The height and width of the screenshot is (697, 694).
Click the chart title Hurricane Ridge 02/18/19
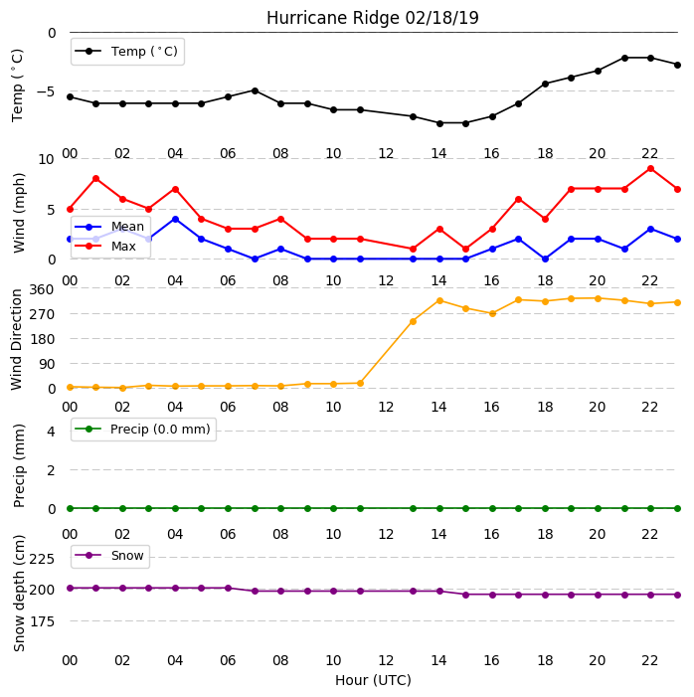(x=373, y=18)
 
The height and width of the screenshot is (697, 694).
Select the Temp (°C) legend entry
(x=126, y=52)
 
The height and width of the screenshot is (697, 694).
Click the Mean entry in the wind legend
(x=109, y=227)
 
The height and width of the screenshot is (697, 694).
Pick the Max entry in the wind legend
(x=105, y=246)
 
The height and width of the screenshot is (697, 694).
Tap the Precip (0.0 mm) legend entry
(x=143, y=429)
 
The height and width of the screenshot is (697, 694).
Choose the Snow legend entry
(x=109, y=556)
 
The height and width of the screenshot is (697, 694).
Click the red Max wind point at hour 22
(x=651, y=169)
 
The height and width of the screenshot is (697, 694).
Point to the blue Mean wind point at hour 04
(x=175, y=219)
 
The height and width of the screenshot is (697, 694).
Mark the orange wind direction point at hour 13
(x=413, y=321)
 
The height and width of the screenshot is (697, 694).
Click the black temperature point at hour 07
(x=255, y=90)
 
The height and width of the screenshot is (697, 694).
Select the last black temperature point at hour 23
(x=677, y=65)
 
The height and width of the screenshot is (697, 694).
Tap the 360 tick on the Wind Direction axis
(x=42, y=289)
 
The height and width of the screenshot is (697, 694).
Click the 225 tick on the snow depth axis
(x=42, y=559)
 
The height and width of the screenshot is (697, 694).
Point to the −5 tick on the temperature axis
(x=46, y=91)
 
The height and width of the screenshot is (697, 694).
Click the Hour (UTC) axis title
(x=373, y=680)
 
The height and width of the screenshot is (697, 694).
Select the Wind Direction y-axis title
(x=17, y=340)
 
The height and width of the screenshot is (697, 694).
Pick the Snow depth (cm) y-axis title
(x=19, y=594)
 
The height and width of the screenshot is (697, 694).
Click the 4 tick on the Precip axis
(x=51, y=432)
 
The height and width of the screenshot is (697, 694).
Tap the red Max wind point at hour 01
(x=95, y=179)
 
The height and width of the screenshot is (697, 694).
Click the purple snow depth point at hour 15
(x=466, y=595)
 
